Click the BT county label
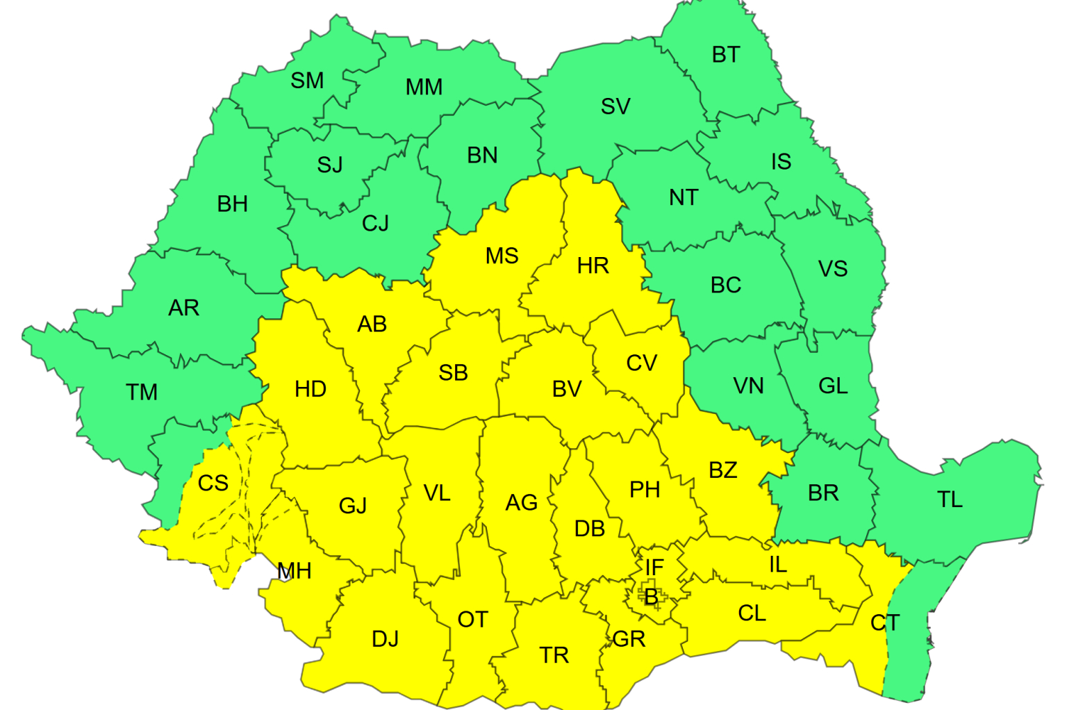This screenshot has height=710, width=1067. (726, 55)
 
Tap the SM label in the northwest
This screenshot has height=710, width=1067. (307, 81)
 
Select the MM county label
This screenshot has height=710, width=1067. (424, 88)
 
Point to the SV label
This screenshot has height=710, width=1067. (615, 107)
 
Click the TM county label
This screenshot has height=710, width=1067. (142, 393)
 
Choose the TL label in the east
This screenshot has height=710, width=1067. (950, 500)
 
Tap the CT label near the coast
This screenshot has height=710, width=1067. (885, 623)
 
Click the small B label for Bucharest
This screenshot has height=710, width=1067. (651, 597)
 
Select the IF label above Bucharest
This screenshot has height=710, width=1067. (654, 568)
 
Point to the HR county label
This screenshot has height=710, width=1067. (593, 266)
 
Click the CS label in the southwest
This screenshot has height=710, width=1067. (213, 484)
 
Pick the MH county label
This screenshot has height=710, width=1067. (295, 572)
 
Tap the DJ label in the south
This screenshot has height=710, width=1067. (386, 639)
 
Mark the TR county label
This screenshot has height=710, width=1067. (554, 655)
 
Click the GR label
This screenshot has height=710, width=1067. (629, 639)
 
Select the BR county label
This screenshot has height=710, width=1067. (823, 493)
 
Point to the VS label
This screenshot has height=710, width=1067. (833, 269)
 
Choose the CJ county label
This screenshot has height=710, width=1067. (375, 224)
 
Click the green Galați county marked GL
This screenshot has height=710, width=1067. (833, 386)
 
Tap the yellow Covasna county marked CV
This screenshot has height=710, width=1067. (641, 363)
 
